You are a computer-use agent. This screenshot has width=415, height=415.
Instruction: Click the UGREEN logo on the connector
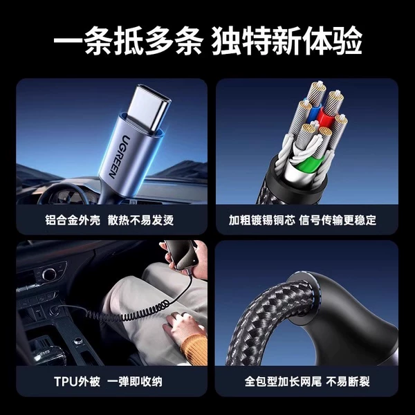pos(116,157)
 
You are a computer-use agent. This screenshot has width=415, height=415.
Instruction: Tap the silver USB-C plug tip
pos(149,108)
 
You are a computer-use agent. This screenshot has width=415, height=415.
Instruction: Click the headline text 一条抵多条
pos(129,40)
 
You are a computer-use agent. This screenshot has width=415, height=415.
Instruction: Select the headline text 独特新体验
pos(286,40)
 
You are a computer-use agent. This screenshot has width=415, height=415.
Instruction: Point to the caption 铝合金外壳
pos(73,220)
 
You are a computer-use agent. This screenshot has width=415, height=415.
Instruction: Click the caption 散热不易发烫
pos(141,220)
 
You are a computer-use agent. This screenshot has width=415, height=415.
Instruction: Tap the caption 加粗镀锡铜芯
pos(261,220)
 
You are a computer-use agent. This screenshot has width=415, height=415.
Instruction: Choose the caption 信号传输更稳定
pos(338,220)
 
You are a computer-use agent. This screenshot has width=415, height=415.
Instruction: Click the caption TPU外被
pos(77,382)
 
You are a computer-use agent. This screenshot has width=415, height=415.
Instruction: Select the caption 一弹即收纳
pos(135,382)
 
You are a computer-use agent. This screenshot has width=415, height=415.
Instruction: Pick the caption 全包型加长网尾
pos(283,382)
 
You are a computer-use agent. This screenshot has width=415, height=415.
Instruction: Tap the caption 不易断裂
pos(348,382)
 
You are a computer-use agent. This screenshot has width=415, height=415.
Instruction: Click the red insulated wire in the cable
pos(324,117)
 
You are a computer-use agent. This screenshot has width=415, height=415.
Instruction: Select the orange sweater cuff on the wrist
pos(194,349)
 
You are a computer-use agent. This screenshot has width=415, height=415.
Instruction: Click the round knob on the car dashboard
pos(49,274)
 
